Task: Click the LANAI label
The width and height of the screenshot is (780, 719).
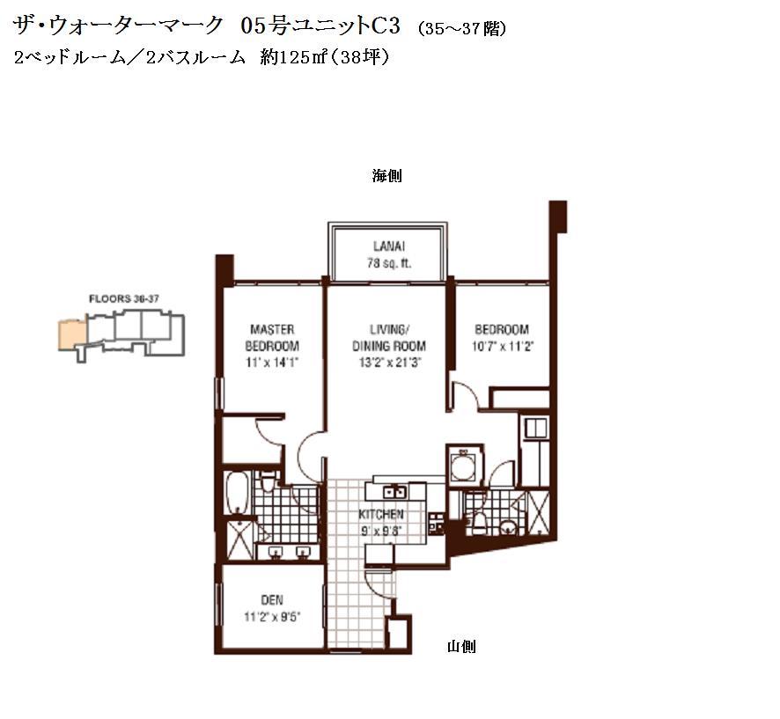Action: [389, 246]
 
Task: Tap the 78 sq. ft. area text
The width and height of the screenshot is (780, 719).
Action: [389, 263]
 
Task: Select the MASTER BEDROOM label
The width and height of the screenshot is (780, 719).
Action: [272, 338]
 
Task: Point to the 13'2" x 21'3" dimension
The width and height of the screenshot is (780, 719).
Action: [389, 363]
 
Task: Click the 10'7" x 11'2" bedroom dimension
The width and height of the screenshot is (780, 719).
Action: [503, 346]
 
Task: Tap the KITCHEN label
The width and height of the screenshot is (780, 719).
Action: [381, 514]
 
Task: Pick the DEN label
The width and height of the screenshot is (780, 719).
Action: [272, 600]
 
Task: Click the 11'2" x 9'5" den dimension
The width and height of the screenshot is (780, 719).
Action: [272, 617]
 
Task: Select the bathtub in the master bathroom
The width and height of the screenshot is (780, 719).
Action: [237, 492]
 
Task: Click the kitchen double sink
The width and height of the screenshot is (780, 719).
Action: [395, 492]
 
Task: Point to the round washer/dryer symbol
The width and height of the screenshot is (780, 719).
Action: [462, 466]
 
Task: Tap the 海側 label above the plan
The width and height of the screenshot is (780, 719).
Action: [386, 175]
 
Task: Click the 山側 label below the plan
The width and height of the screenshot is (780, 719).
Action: [461, 647]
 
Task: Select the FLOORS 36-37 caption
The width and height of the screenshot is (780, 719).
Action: [124, 299]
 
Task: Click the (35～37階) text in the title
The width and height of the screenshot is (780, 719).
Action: [462, 29]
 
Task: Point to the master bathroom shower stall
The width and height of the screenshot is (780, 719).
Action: [240, 540]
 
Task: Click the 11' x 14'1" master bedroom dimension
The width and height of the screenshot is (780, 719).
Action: [272, 363]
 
